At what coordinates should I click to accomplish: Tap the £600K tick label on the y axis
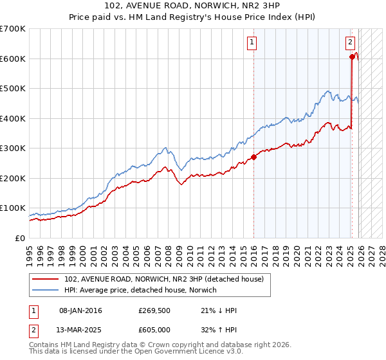[x=13, y=59]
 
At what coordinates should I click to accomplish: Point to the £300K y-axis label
[x=13, y=148]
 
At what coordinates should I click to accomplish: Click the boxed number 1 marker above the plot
[x=251, y=43]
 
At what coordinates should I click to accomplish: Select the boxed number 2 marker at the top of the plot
[x=350, y=43]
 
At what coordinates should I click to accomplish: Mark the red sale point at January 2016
[x=253, y=156]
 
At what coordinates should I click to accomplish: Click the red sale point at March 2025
[x=352, y=57]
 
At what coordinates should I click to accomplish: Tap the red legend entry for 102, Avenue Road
[x=164, y=279]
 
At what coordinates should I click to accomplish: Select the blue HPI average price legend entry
[x=140, y=291]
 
